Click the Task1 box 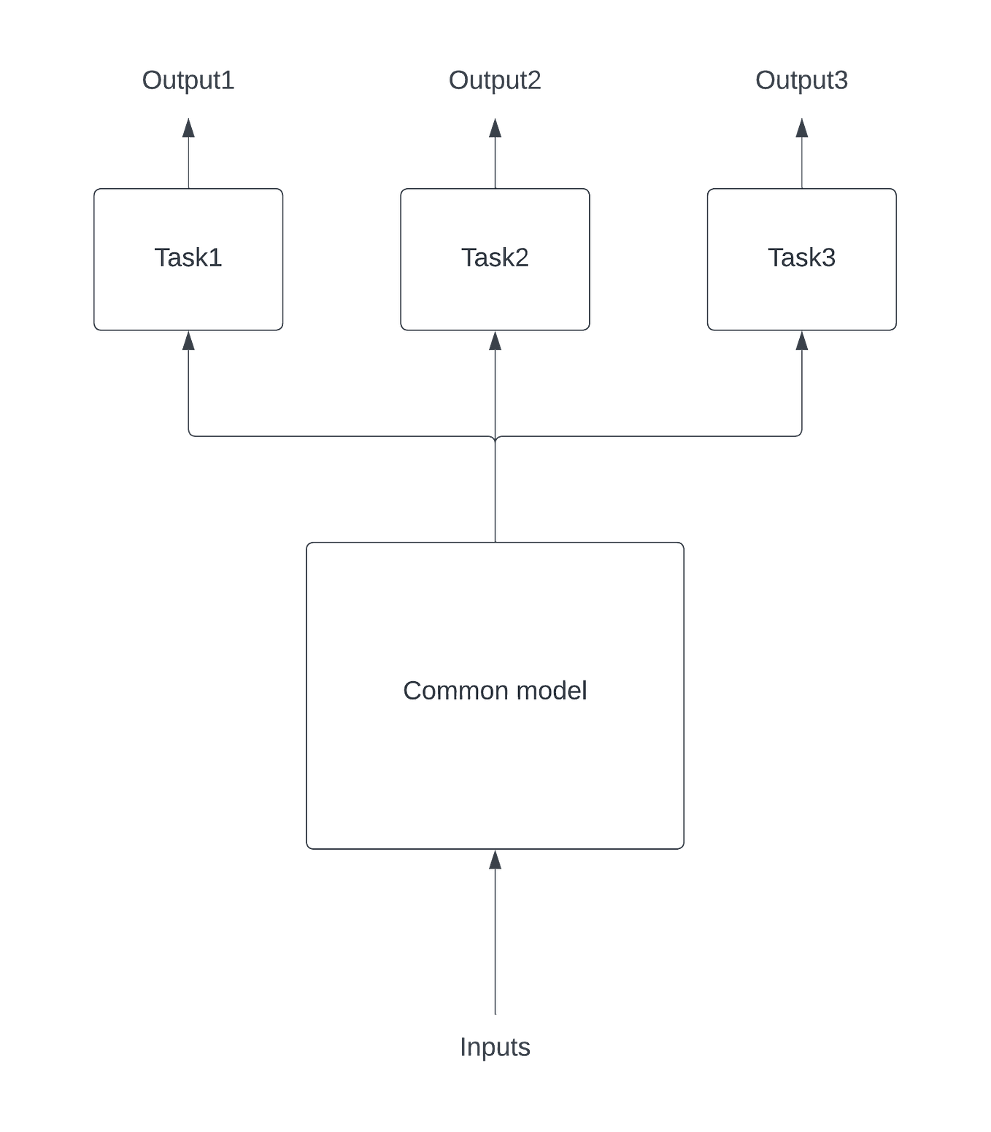pyautogui.click(x=188, y=259)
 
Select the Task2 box pyautogui.click(x=495, y=259)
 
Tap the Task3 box pyautogui.click(x=801, y=259)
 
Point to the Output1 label pyautogui.click(x=188, y=80)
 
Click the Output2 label pyautogui.click(x=495, y=80)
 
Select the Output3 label pyautogui.click(x=801, y=80)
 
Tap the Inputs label pyautogui.click(x=495, y=1047)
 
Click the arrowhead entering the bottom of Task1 pyautogui.click(x=188, y=343)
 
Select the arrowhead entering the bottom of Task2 pyautogui.click(x=495, y=343)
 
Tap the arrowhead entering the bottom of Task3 pyautogui.click(x=801, y=343)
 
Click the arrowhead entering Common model pyautogui.click(x=495, y=862)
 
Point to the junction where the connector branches pyautogui.click(x=495, y=436)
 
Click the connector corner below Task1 pyautogui.click(x=190, y=435)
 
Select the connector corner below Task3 pyautogui.click(x=801, y=435)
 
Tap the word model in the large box pyautogui.click(x=552, y=691)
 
